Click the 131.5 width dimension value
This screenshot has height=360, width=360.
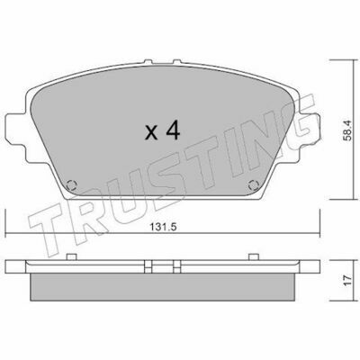point(163,228)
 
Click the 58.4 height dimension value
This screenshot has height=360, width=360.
point(347,130)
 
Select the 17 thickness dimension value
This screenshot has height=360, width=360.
point(347,280)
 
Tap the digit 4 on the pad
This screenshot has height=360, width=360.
point(173,130)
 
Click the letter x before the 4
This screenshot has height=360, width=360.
point(151,133)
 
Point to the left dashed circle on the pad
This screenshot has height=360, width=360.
point(72,185)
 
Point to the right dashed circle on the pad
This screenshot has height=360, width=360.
point(254,185)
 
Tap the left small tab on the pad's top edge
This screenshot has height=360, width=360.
point(148,61)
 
